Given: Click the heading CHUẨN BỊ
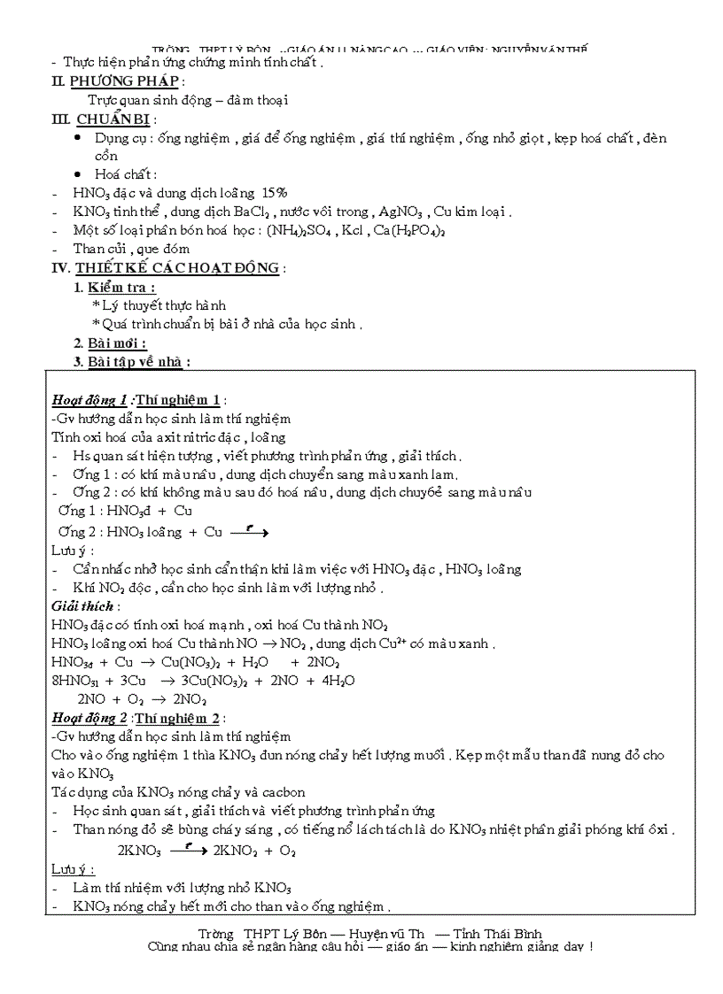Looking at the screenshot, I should (x=114, y=119).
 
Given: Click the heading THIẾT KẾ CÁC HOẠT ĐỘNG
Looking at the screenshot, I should (x=177, y=268).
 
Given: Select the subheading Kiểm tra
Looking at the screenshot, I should (x=122, y=288).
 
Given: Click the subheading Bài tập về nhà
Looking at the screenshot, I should (x=136, y=361).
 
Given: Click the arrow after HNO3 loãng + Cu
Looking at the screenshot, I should (x=249, y=532).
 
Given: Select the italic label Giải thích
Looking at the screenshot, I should (x=83, y=606).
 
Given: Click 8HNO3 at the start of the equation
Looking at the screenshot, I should (x=76, y=681).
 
